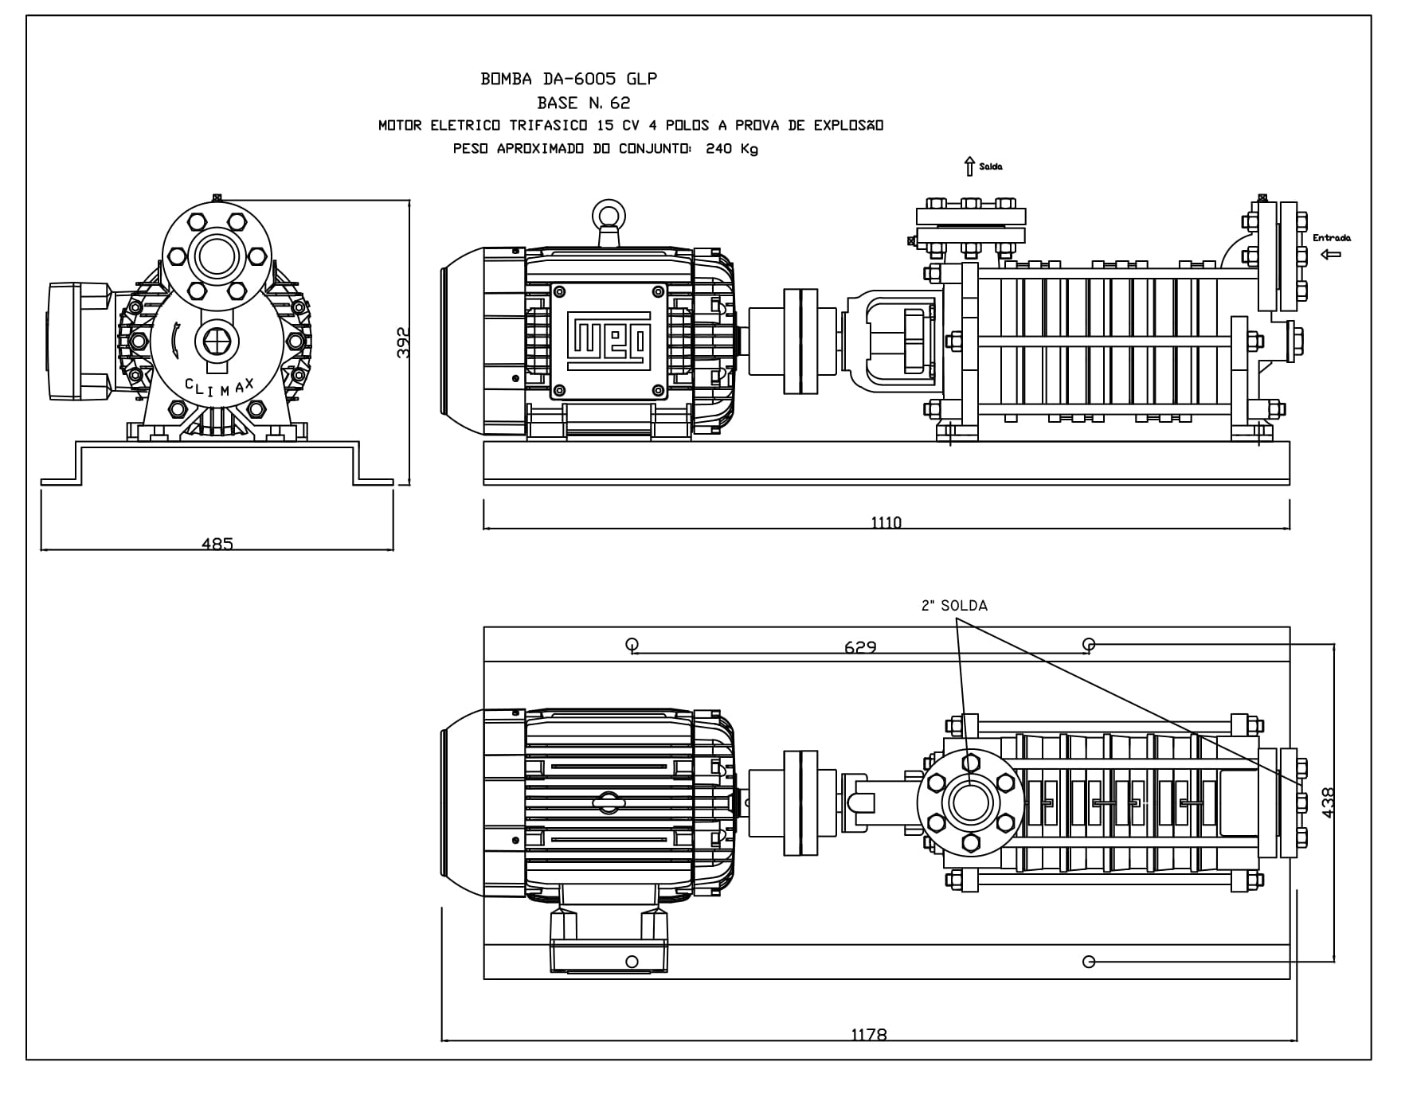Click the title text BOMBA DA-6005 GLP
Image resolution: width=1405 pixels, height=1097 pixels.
coord(569,79)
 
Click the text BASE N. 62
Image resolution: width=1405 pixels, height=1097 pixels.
coord(584,103)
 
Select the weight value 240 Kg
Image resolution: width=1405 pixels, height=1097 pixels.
coord(732,149)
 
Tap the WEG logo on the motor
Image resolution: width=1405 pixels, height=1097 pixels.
coord(609,342)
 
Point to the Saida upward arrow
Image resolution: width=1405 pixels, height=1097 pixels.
coord(969,166)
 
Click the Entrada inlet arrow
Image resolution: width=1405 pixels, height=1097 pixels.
coord(1330,255)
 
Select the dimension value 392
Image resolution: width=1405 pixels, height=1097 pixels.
coord(403,342)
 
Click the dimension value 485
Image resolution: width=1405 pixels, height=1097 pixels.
coord(217,544)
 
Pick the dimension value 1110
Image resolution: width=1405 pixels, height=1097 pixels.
coord(886,522)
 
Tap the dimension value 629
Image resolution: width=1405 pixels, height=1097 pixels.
coord(860,647)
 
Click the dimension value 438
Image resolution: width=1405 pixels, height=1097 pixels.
coord(1328,802)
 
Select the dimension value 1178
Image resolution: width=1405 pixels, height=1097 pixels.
coord(868,1034)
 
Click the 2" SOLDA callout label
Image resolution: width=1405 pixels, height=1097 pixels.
coord(954,606)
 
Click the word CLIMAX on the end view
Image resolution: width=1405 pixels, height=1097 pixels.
coord(220,388)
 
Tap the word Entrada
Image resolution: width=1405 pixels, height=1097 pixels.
coord(1332,237)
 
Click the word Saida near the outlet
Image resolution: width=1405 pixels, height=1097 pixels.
coord(991,166)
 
